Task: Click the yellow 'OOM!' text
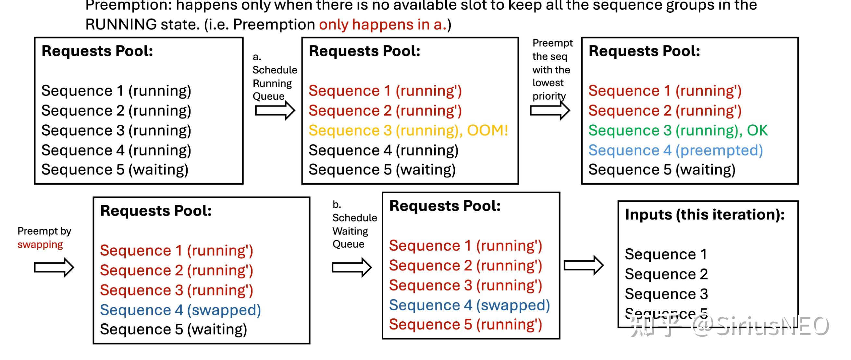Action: [487, 130]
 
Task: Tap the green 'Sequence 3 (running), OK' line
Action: [678, 130]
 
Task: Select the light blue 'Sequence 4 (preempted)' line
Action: [676, 150]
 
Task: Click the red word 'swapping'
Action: [40, 245]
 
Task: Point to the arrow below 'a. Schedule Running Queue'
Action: [275, 111]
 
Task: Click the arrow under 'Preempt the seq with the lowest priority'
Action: [550, 111]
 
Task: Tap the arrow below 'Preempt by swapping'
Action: [54, 267]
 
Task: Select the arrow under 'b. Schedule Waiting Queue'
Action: [351, 267]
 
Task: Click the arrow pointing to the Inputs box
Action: [584, 265]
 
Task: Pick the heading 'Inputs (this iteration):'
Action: [705, 215]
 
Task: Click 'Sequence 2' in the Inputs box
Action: [666, 274]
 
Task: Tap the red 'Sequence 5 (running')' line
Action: [465, 324]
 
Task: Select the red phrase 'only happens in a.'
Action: [383, 24]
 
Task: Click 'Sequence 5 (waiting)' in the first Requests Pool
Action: [115, 170]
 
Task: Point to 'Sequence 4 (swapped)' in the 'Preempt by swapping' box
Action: [180, 310]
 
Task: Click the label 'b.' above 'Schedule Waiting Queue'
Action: [337, 205]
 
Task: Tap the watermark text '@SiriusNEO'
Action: [760, 326]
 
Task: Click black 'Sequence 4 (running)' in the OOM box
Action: [383, 150]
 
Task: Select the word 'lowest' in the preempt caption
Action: [548, 82]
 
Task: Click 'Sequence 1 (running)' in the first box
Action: [116, 91]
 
